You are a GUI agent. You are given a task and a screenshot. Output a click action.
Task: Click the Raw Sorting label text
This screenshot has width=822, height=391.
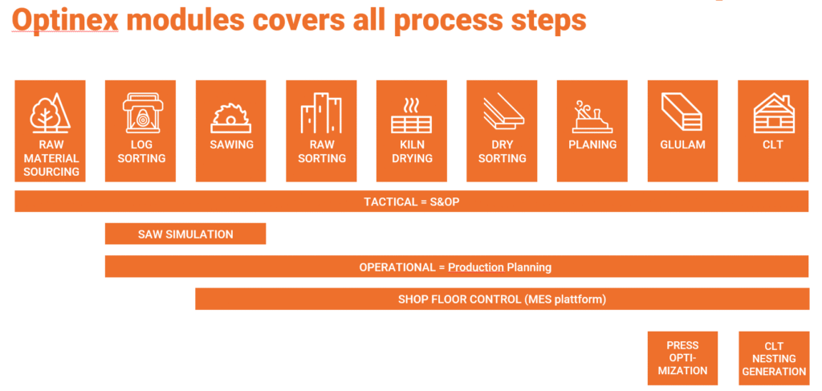tap(321, 152)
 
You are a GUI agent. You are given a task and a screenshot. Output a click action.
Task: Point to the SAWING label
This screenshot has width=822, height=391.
tap(231, 145)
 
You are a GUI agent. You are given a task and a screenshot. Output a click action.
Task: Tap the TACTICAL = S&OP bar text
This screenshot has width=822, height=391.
tap(411, 202)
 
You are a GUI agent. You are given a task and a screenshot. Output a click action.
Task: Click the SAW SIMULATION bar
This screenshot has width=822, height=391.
tap(185, 234)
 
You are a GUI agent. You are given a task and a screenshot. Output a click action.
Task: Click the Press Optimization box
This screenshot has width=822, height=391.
tap(683, 358)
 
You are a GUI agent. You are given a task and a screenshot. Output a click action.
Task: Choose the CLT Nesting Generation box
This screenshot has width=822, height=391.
tap(774, 358)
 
